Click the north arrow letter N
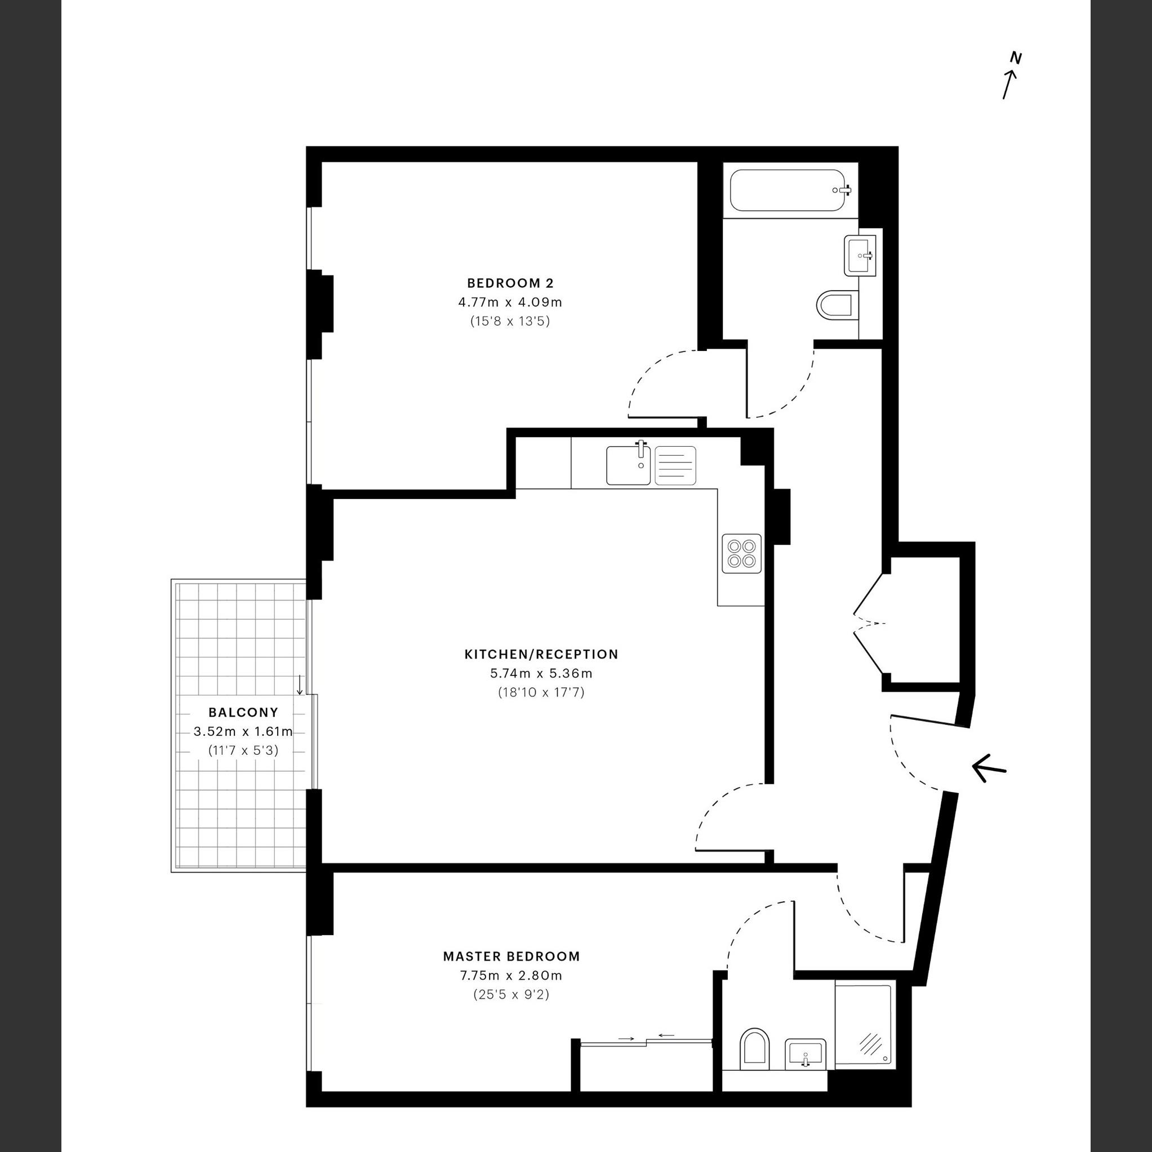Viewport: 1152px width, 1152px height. (x=1016, y=59)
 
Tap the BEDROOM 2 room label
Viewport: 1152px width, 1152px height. (x=510, y=283)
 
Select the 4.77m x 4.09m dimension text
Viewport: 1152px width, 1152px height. (x=510, y=303)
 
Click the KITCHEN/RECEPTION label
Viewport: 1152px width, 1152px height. (x=541, y=654)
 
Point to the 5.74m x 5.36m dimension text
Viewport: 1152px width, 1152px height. (x=541, y=674)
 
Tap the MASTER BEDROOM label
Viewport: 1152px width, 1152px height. (x=511, y=957)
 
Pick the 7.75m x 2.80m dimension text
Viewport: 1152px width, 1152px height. (x=511, y=976)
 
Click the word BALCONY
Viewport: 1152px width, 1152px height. (x=243, y=712)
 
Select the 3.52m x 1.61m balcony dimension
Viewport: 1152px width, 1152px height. (x=243, y=732)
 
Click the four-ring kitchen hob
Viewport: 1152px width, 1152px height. (x=742, y=553)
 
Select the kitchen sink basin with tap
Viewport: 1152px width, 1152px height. (x=629, y=465)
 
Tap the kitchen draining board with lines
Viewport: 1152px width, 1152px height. (x=675, y=465)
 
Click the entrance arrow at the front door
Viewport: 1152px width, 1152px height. (x=989, y=768)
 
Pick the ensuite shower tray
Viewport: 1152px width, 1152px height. (x=863, y=1025)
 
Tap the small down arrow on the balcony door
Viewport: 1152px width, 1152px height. (x=300, y=685)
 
